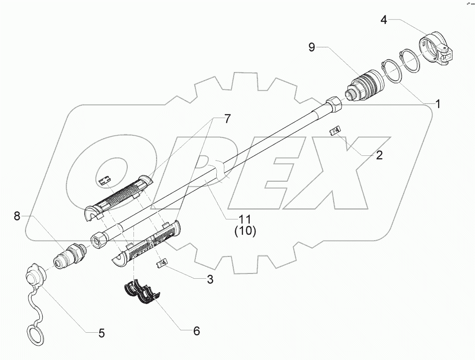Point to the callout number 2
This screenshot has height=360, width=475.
tap(378, 155)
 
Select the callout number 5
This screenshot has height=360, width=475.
tap(101, 333)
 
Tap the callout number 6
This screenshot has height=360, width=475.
tap(196, 330)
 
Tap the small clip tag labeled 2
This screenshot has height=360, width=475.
tap(336, 130)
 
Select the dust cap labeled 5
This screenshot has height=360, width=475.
tap(34, 278)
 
